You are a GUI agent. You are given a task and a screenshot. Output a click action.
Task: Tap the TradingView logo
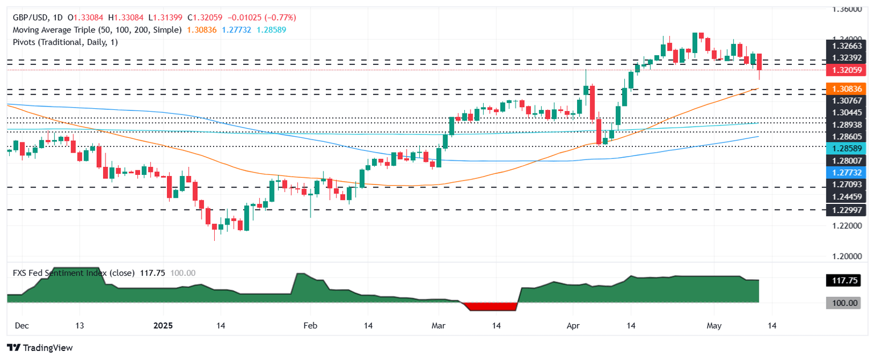pos(40,347)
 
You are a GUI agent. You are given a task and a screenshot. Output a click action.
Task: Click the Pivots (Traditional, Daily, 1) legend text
pos(65,42)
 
